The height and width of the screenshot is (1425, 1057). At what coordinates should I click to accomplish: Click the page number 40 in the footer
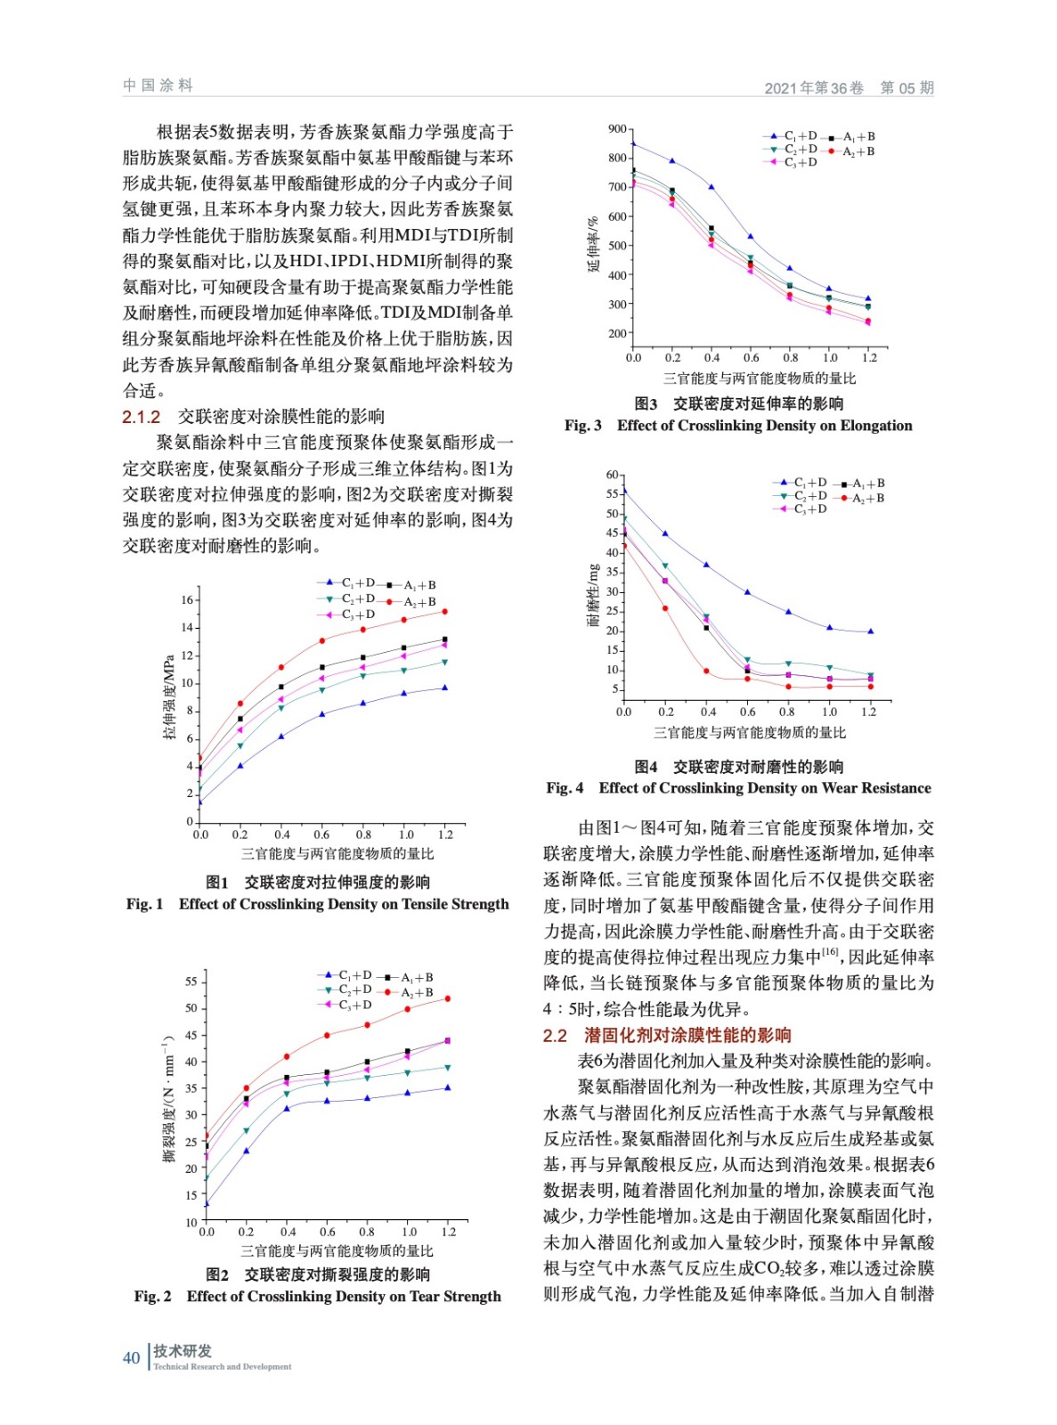(131, 1357)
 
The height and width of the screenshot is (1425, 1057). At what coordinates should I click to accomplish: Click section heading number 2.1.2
(141, 417)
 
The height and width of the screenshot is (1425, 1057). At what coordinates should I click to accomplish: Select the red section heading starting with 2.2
(667, 1035)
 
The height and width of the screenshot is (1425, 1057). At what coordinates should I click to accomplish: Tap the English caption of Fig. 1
(317, 904)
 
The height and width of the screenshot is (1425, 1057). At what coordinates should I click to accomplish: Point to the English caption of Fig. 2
(317, 1297)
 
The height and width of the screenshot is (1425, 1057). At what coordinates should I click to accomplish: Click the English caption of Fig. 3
(738, 426)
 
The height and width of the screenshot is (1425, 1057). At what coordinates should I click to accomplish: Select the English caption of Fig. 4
(738, 788)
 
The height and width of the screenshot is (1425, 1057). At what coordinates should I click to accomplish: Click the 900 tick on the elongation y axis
(617, 130)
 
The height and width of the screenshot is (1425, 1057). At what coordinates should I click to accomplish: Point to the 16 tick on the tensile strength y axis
(187, 600)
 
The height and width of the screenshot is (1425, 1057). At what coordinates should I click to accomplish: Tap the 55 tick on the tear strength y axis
(191, 981)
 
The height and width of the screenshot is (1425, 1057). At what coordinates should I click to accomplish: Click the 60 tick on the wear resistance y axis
(612, 475)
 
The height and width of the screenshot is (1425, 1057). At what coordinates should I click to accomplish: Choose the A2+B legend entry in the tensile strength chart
(412, 602)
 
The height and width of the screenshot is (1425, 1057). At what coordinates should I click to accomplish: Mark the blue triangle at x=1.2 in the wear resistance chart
(870, 631)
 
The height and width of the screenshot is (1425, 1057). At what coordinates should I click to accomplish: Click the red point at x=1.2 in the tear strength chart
(447, 998)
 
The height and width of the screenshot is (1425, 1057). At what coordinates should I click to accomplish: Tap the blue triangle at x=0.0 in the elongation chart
(633, 143)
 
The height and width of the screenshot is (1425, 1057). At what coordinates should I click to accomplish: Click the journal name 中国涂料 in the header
(158, 85)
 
